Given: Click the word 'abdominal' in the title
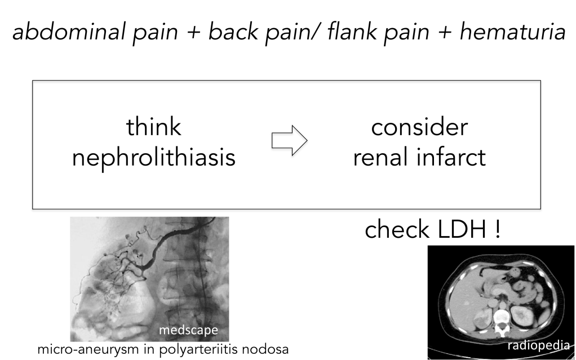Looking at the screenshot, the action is click(x=70, y=31).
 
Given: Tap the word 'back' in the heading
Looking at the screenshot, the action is click(x=233, y=31).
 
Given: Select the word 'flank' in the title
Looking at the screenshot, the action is click(x=352, y=31).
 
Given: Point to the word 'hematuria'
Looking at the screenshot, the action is click(x=512, y=31).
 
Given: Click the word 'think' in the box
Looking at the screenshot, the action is click(x=153, y=127).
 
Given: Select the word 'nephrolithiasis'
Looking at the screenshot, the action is click(x=153, y=158).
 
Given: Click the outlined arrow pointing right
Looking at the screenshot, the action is click(x=290, y=140).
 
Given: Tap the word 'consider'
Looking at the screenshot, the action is click(x=419, y=127).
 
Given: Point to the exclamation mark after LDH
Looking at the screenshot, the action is click(x=498, y=229).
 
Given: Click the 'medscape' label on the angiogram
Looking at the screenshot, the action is click(x=188, y=330).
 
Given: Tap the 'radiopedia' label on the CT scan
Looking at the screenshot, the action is click(x=539, y=345).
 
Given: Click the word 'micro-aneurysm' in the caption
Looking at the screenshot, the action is click(x=87, y=349).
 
